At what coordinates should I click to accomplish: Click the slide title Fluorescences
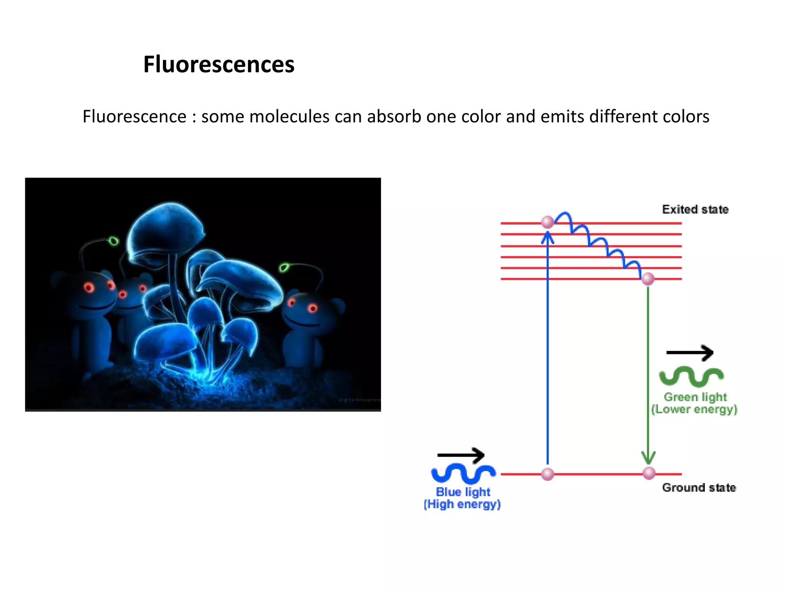pyautogui.click(x=219, y=64)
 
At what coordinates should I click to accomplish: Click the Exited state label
pyautogui.click(x=695, y=209)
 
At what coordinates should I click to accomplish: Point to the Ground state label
pyautogui.click(x=699, y=487)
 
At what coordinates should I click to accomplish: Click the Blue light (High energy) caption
pyautogui.click(x=462, y=498)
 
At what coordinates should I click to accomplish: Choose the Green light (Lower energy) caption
pyautogui.click(x=694, y=403)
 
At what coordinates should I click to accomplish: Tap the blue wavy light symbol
pyautogui.click(x=463, y=473)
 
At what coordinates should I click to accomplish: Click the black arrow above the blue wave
pyautogui.click(x=461, y=455)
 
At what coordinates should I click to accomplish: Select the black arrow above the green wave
pyautogui.click(x=690, y=352)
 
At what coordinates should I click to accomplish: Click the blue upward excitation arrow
pyautogui.click(x=547, y=345)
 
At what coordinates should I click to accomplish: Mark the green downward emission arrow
pyautogui.click(x=648, y=372)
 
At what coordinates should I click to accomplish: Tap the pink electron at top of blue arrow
pyautogui.click(x=547, y=222)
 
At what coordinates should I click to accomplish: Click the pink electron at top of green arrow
pyautogui.click(x=648, y=279)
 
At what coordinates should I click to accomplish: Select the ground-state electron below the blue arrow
pyautogui.click(x=547, y=474)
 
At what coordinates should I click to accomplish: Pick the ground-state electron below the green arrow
pyautogui.click(x=649, y=473)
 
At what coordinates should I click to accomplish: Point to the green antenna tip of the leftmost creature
pyautogui.click(x=113, y=241)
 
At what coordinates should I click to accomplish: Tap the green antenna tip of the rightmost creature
pyautogui.click(x=284, y=267)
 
